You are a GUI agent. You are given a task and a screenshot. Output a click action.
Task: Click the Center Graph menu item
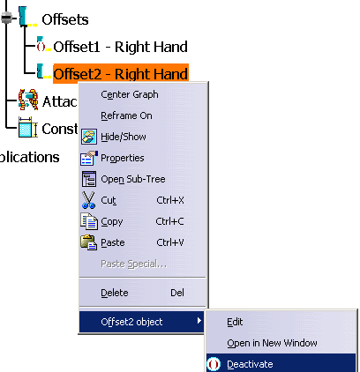(130, 94)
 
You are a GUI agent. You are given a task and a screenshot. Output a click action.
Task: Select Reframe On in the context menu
(126, 115)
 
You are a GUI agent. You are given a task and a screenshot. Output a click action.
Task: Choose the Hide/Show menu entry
(124, 137)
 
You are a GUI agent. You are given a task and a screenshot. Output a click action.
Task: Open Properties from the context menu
(123, 158)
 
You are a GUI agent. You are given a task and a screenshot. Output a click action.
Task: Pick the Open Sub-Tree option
(133, 179)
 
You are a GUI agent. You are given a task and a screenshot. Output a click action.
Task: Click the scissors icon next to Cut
(88, 200)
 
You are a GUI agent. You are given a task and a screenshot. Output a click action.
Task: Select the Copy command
(112, 221)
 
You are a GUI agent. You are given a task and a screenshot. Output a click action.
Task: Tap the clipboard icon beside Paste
(88, 242)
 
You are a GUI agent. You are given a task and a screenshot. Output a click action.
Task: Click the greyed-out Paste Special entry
(133, 264)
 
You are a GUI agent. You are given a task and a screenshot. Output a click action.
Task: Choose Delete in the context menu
(115, 293)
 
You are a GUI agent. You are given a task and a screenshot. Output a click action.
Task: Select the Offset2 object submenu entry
(131, 322)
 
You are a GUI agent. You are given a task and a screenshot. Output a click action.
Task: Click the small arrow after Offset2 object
(199, 321)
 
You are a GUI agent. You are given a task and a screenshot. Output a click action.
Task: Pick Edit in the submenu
(235, 322)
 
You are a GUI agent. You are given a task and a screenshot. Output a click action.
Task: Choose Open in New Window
(272, 343)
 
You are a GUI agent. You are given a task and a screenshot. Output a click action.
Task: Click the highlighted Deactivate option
(250, 364)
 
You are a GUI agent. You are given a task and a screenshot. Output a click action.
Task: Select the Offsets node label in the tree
(65, 19)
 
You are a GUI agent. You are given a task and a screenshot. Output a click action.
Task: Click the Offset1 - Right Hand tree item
(120, 47)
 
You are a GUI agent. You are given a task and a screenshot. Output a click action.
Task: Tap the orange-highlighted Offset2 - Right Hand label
(121, 74)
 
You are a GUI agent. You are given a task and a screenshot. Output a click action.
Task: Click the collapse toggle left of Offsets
(6, 18)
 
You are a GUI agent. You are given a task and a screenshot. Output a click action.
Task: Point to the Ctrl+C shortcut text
(169, 221)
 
